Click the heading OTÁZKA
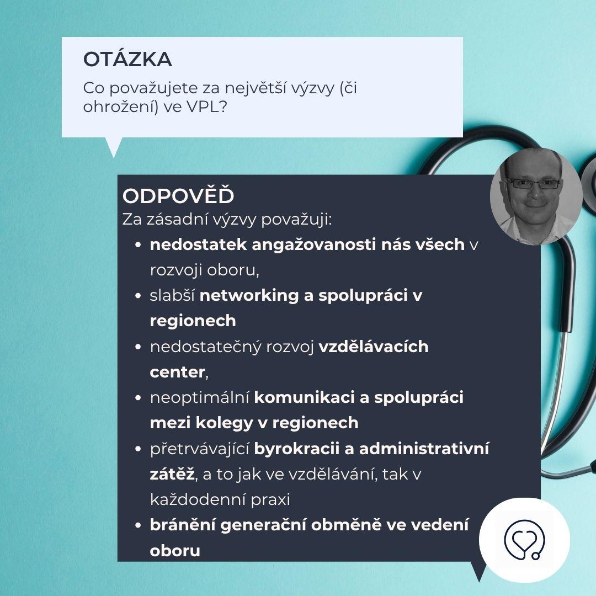[127, 59]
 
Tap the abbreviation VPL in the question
[203, 107]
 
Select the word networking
[249, 296]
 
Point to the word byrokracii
[296, 449]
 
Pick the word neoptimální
[200, 398]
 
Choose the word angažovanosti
[314, 245]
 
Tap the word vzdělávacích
[373, 347]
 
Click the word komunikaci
[304, 397]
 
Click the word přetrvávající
[200, 449]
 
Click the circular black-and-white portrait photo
[536, 196]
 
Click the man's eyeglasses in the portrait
[534, 184]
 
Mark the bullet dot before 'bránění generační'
[138, 526]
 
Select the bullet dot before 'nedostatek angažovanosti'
[138, 245]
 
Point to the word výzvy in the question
[312, 89]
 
